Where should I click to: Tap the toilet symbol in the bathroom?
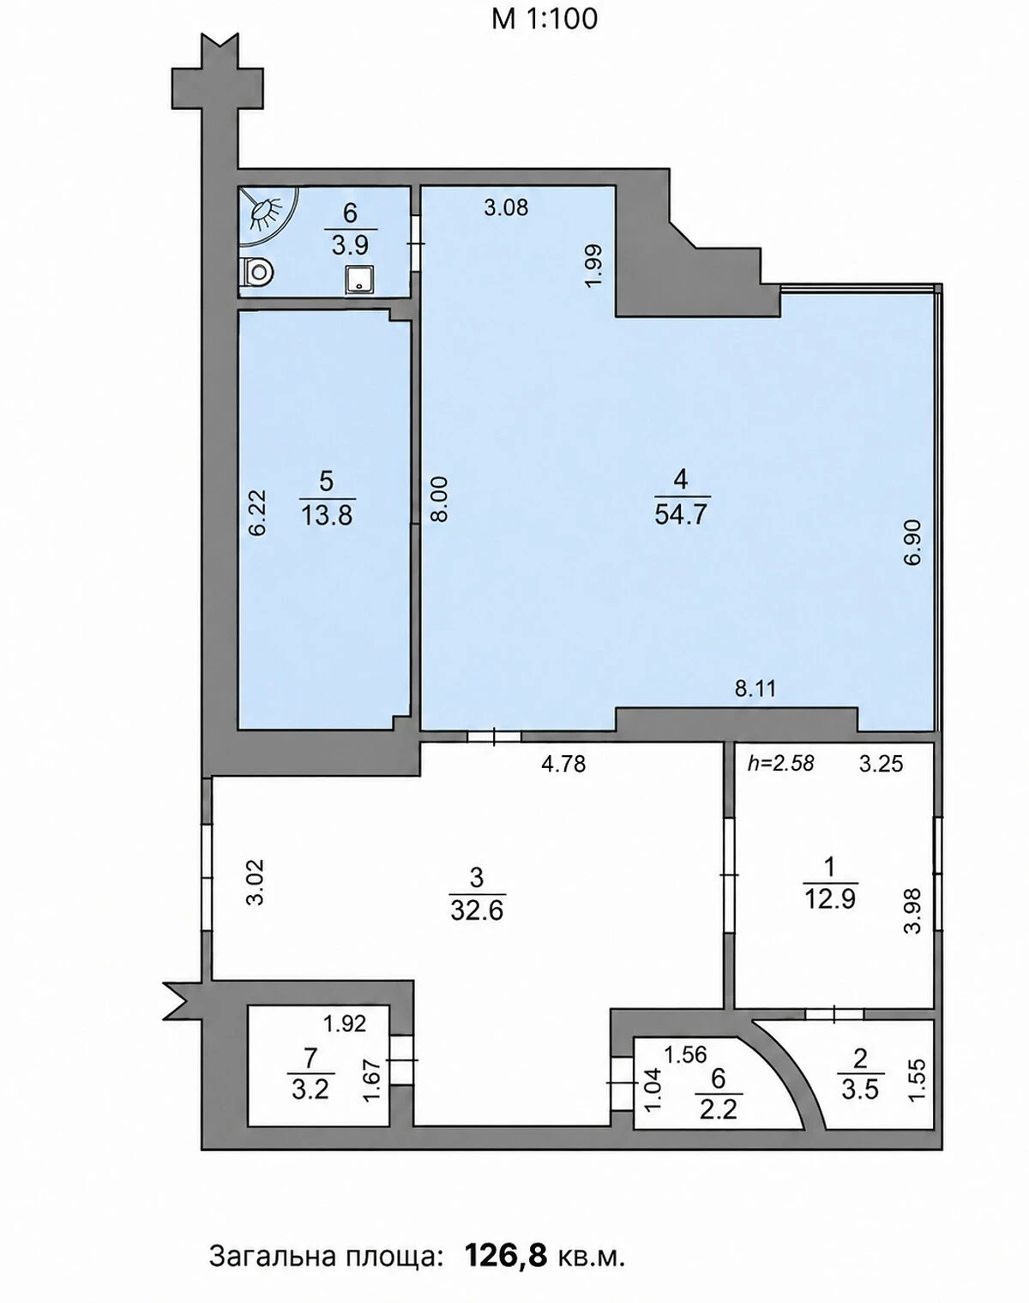coord(256,271)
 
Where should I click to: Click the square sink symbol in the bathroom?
coord(360,279)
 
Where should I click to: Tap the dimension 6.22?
coord(256,513)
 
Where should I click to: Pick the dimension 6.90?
coord(912,542)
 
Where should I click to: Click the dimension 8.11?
coord(755,689)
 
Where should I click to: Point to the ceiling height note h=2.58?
coord(780,764)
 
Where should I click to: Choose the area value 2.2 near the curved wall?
coord(718,1109)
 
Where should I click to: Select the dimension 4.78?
coord(564,764)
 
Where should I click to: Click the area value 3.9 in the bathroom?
coord(351,245)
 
